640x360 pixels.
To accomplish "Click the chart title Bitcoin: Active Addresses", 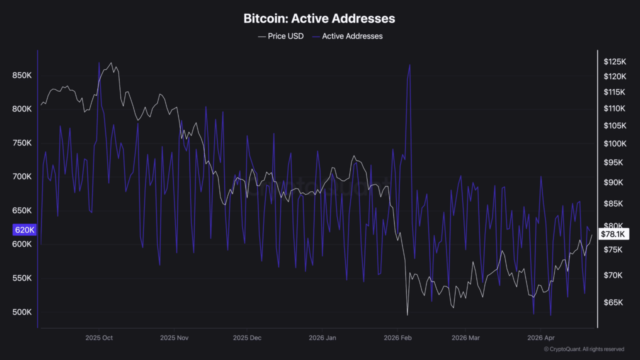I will click(319, 18).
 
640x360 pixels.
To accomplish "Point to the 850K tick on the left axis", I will click(22, 75).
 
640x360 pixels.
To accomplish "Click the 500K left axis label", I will click(22, 312).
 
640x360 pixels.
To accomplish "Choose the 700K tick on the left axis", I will click(22, 177).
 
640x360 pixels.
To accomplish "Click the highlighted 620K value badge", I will click(24, 230).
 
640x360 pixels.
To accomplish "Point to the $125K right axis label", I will click(614, 62).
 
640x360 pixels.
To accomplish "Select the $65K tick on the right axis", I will click(613, 302).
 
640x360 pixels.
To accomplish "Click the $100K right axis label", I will click(614, 144).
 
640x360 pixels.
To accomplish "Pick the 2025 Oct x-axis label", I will click(98, 338).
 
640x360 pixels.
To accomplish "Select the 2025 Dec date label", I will click(247, 338).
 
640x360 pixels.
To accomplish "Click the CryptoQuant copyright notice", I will click(583, 349).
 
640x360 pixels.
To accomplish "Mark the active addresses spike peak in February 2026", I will click(410, 64).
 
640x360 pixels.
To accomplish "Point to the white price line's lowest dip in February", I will click(407, 315).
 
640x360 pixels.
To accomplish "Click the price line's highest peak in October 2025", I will click(111, 63).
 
